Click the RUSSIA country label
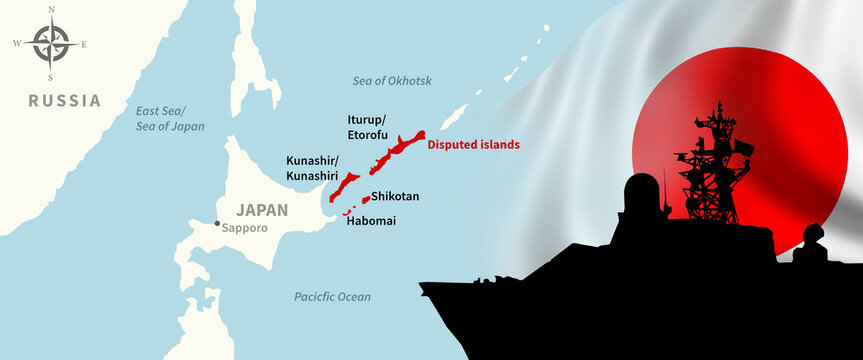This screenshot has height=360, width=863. click(65, 100)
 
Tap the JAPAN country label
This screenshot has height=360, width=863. click(262, 210)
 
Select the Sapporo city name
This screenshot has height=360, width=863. click(247, 228)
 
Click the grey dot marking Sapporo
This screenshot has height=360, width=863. click(217, 223)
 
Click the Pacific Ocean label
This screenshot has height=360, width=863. click(332, 297)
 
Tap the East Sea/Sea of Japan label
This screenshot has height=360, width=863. click(169, 119)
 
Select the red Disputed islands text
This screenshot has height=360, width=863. click(474, 145)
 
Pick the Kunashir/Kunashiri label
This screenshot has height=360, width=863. click(312, 168)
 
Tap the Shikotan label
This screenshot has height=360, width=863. click(395, 197)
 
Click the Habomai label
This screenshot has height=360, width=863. click(370, 220)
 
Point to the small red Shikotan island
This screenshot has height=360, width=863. click(365, 199)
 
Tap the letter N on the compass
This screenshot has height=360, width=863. click(50, 9)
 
